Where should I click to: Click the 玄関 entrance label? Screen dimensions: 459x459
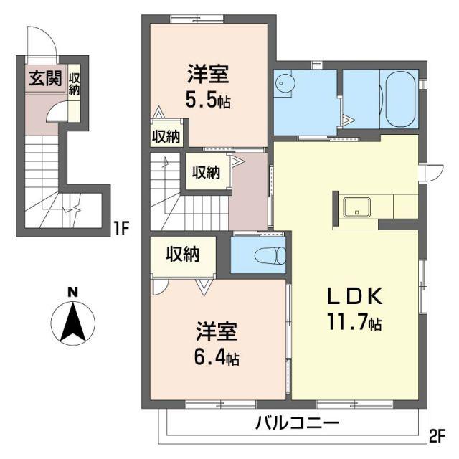coord(45,78)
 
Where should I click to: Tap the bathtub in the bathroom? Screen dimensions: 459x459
coord(400,99)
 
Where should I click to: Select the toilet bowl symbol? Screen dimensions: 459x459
coord(270,255)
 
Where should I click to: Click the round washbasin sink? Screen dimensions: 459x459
coord(282,82)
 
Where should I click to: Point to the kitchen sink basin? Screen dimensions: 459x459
coord(356,207)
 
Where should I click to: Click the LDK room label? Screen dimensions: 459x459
coord(354,296)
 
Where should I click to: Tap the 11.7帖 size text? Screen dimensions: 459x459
coord(354,322)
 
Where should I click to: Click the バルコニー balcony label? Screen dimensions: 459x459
coord(298,423)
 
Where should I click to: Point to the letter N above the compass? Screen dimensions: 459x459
coord(73,292)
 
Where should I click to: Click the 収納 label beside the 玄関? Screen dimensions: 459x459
coord(74,85)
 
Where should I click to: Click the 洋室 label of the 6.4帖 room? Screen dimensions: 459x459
coord(217,331)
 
